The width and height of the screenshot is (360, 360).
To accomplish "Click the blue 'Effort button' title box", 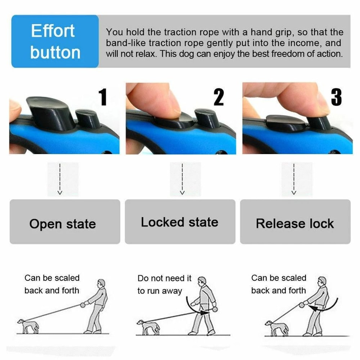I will pyautogui.click(x=55, y=41).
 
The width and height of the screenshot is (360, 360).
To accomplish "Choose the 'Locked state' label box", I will pyautogui.click(x=180, y=222).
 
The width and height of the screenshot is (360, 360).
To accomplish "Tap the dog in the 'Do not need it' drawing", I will pyautogui.click(x=148, y=326).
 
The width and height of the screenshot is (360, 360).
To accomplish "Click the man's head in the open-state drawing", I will pyautogui.click(x=102, y=283).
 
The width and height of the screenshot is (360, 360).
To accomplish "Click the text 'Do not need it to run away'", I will pyautogui.click(x=165, y=284).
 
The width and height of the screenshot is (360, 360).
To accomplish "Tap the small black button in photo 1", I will pyautogui.click(x=87, y=118).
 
